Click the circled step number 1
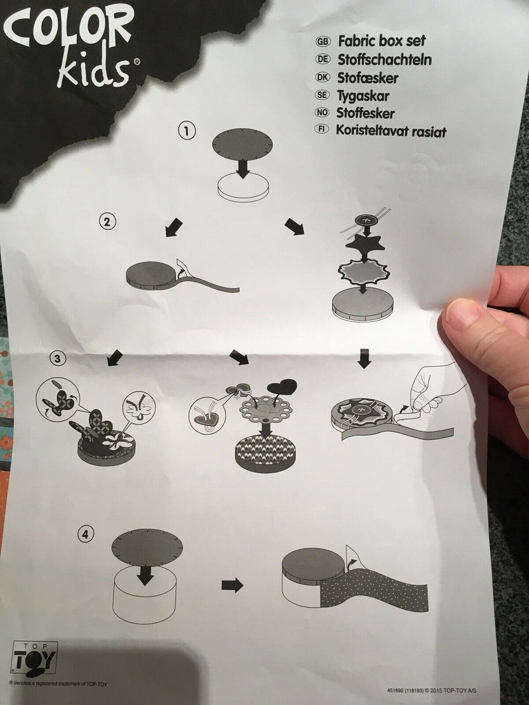187,132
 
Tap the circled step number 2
107,222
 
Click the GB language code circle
323,42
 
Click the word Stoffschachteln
385,59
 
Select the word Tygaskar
363,95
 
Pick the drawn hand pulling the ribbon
434,392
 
